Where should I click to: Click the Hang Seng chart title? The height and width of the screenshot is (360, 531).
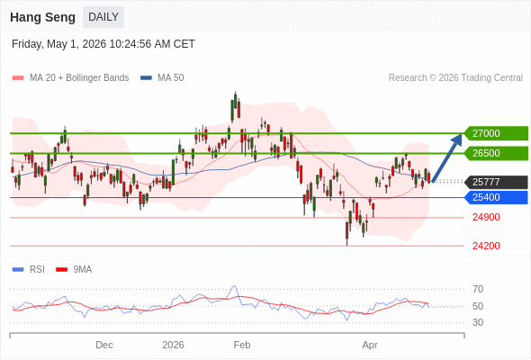42,17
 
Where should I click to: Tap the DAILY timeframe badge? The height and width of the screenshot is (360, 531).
103,17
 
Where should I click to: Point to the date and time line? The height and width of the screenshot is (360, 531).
103,44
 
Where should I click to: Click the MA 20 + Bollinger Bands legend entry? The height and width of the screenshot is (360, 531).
70,78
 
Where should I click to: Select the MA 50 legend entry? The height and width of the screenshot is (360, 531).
162,78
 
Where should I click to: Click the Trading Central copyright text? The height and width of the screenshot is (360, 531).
455,78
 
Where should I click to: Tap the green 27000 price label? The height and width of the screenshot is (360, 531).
496,133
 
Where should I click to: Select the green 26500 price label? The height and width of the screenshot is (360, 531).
496,153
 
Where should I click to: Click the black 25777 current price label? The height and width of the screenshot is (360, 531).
496,182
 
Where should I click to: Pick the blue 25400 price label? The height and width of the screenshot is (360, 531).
496,197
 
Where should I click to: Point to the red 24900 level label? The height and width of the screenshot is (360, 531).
486,217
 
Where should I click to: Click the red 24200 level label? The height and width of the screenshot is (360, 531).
486,246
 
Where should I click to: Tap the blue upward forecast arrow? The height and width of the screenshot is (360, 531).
446,158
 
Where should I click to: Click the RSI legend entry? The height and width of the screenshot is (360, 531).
29,270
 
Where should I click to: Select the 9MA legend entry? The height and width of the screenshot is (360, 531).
74,270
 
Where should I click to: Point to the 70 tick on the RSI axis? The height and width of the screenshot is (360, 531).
478,289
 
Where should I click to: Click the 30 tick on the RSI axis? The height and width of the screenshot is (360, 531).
478,322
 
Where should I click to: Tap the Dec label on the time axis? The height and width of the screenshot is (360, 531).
104,345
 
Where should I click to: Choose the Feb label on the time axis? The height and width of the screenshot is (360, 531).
242,345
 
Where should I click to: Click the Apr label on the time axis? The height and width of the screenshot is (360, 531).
370,346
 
